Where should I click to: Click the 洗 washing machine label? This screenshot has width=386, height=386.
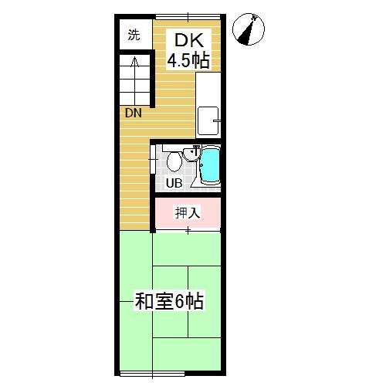134,35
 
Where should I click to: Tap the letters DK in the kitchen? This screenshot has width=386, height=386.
189,40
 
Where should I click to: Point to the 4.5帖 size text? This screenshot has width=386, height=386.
188,61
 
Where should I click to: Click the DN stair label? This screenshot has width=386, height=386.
134,113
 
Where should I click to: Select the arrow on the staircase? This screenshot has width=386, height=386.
134,80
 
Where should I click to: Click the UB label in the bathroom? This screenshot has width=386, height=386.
174,183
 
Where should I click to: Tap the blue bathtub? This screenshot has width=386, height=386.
211,164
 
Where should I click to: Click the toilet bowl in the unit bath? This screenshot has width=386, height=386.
174,161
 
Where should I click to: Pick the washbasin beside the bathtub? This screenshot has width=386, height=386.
191,154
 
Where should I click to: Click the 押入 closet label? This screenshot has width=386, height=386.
188,213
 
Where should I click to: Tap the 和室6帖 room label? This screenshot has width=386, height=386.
170,301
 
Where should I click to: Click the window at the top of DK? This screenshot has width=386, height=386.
188,17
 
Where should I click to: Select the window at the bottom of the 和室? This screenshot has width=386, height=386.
152,374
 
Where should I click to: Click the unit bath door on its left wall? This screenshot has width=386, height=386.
153,160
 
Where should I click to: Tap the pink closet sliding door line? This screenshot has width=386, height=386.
188,230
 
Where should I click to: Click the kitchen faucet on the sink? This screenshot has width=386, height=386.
217,120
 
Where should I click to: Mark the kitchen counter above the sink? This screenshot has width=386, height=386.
208,89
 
